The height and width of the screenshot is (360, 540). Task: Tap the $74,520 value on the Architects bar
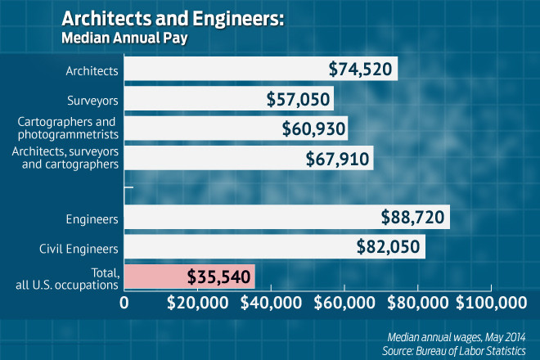[361, 70]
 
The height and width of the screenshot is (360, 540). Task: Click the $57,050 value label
[298, 100]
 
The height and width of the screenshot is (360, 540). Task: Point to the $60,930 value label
[313, 128]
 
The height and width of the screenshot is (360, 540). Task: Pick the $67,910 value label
[338, 157]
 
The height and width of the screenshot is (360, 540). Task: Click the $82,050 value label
[389, 246]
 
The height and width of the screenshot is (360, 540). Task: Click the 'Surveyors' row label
[92, 101]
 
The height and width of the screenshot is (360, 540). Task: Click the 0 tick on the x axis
[124, 303]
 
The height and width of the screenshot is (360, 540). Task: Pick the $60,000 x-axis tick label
[344, 303]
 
